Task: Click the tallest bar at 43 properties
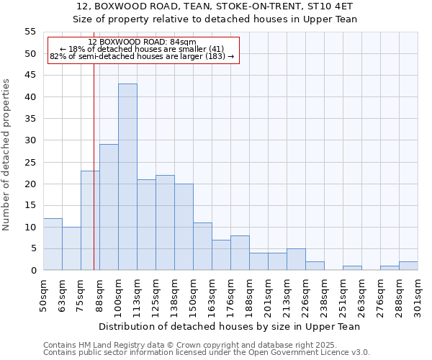coord(127,177)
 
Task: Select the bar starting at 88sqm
coord(109,207)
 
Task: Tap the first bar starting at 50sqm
coord(53,244)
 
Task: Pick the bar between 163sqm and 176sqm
coord(221,255)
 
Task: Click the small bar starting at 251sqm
coord(352,268)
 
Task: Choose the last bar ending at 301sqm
coord(408,266)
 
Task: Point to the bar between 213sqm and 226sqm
coord(296,259)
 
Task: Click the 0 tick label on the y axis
coord(32,271)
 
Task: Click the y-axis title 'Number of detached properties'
coord(7,154)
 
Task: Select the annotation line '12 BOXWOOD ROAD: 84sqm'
coord(142,42)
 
